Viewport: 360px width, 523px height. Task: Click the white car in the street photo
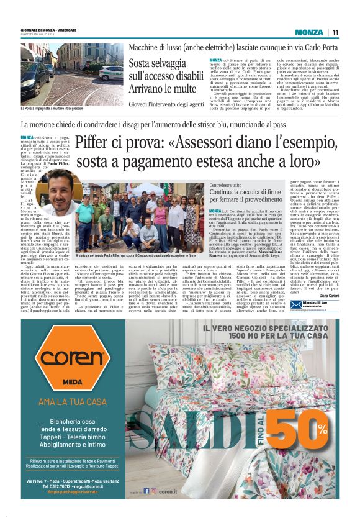point(112,73)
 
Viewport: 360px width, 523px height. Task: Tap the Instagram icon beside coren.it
point(153,491)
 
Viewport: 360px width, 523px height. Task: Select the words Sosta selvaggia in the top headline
point(158,62)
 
